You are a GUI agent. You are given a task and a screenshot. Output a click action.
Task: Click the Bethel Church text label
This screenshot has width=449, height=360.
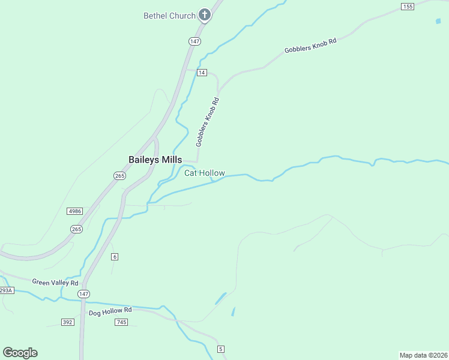point(169,16)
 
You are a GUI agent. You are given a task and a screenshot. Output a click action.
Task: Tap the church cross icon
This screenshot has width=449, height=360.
point(205,15)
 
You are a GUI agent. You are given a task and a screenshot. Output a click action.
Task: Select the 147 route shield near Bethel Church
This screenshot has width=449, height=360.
point(194,41)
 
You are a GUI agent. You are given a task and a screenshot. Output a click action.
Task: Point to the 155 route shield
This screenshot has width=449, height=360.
point(408,7)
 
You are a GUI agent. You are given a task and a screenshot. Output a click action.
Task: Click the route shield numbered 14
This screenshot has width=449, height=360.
point(201,73)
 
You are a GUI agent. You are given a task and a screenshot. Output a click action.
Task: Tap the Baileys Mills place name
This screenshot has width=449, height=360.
point(155,160)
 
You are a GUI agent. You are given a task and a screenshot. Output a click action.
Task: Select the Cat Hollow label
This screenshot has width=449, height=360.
point(204,173)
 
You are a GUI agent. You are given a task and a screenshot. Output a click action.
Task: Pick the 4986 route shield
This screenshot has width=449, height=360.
point(75,211)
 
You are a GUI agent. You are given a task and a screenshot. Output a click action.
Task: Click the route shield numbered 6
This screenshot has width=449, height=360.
point(115,257)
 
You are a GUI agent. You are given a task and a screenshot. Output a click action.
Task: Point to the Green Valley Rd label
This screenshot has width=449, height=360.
point(55,283)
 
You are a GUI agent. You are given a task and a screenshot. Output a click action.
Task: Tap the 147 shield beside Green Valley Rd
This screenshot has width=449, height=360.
point(83,294)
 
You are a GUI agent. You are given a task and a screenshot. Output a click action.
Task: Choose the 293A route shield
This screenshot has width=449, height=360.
point(5,290)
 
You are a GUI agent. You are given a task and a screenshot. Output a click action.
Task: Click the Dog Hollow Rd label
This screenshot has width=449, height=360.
point(110,311)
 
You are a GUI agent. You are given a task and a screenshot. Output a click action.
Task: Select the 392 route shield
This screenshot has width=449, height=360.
point(67,322)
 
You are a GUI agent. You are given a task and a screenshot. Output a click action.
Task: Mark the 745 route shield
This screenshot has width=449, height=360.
point(121,322)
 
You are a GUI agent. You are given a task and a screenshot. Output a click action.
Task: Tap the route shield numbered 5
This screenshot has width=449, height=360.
point(221,349)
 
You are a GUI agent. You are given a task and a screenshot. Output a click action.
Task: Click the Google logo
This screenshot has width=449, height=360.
point(20,353)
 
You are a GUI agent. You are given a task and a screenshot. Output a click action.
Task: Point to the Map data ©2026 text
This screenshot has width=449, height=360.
point(423,355)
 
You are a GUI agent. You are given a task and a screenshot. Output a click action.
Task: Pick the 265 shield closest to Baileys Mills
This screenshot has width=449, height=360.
point(119,175)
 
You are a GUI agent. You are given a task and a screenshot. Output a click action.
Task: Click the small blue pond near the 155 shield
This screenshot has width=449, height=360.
point(438,21)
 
